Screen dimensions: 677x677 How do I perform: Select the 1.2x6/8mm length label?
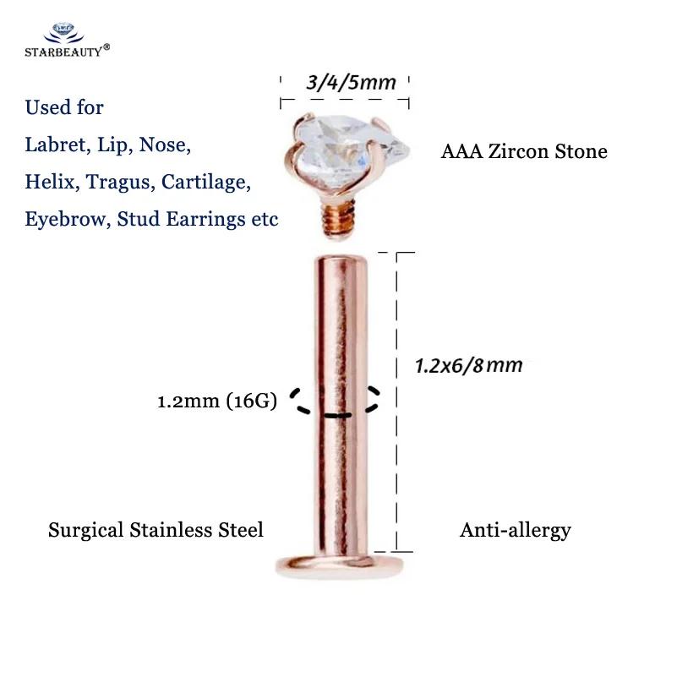tap(468, 366)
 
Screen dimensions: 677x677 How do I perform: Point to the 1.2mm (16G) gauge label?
tap(217, 402)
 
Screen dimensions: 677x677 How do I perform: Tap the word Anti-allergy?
tap(516, 531)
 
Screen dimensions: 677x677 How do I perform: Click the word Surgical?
tap(85, 531)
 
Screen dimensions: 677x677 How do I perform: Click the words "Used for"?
tap(64, 107)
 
